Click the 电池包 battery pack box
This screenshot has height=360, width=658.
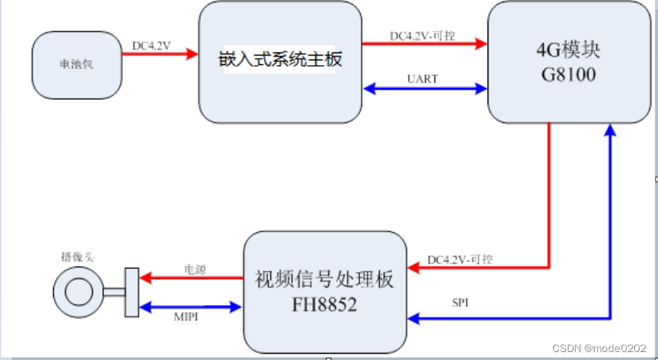click(x=77, y=64)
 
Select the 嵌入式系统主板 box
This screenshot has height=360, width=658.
click(x=279, y=62)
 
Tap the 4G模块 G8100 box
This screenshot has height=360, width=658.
click(x=568, y=62)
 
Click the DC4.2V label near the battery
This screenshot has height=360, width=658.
click(x=151, y=45)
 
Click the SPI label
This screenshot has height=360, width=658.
click(x=461, y=304)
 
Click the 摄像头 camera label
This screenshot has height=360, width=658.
click(x=77, y=256)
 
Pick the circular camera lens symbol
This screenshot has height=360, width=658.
click(x=78, y=292)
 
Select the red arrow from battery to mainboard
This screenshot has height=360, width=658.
click(x=159, y=56)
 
